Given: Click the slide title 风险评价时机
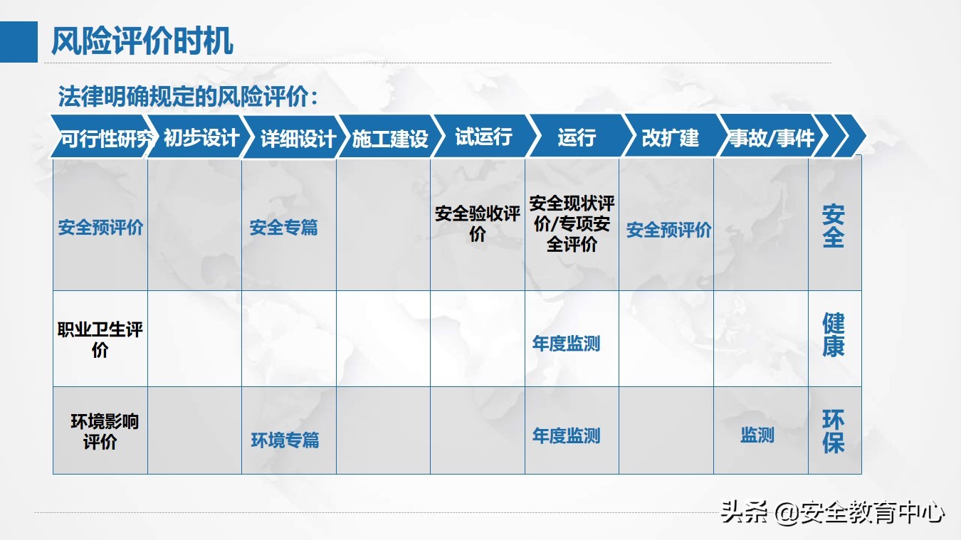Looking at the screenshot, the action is click(x=142, y=41).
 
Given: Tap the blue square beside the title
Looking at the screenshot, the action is click(x=19, y=41).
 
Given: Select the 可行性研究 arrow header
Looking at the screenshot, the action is click(x=102, y=137).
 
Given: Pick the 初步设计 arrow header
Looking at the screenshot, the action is click(x=199, y=137).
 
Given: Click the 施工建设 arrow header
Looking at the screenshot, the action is click(x=390, y=137).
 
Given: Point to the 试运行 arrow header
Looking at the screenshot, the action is click(x=485, y=137).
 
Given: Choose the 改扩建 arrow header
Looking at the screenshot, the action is click(x=671, y=137).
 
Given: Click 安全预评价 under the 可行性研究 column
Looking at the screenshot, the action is click(x=100, y=228).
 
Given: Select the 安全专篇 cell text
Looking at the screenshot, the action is click(x=283, y=228).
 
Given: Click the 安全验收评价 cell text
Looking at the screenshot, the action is click(x=478, y=223).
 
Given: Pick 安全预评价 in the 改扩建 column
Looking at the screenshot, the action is click(x=668, y=230).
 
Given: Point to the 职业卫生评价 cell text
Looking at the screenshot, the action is click(x=100, y=339).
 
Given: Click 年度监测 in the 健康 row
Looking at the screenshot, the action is click(x=566, y=344).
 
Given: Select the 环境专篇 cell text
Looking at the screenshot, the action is click(x=285, y=440).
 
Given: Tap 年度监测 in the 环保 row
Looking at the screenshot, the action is click(x=566, y=435).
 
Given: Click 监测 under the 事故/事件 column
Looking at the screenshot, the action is click(x=757, y=435).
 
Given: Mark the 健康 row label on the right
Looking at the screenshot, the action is click(x=833, y=334).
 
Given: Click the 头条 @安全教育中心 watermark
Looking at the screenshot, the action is click(x=832, y=512).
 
